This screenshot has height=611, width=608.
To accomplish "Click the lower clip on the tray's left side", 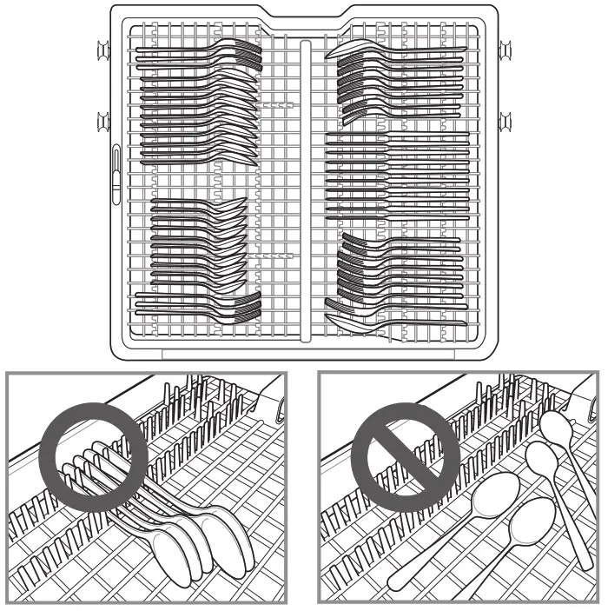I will [x=102, y=118].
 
